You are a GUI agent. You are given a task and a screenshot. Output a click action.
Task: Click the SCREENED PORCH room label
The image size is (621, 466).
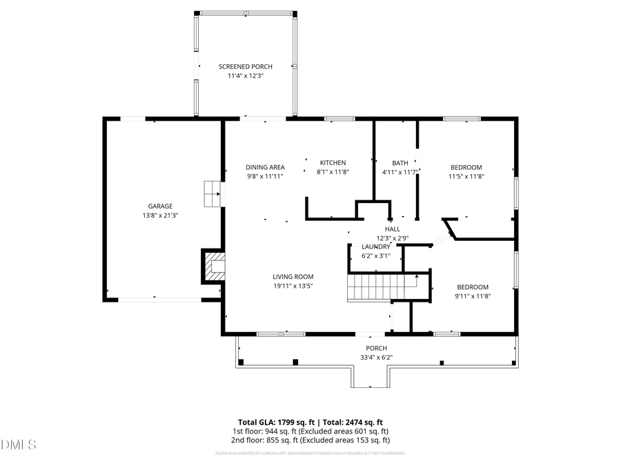tap(246, 66)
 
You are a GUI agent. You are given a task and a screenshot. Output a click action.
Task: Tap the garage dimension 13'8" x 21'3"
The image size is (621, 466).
tap(160, 215)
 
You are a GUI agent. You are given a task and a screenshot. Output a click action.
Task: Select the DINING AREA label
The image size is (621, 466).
tap(265, 167)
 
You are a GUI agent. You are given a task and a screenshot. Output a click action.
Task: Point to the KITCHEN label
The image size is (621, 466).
tap(333, 163)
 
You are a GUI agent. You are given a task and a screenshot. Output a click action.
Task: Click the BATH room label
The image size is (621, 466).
tap(400, 163)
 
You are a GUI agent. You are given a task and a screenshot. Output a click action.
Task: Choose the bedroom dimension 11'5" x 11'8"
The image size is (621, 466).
tap(466, 176)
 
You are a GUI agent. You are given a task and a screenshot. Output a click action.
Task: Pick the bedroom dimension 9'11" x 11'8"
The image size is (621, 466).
tap(473, 296)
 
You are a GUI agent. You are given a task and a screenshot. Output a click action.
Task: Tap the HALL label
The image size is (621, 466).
tap(393, 229)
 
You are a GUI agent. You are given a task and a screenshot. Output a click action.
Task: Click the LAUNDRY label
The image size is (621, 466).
tap(376, 246)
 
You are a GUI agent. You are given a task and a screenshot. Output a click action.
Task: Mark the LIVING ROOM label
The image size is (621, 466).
tap(293, 277)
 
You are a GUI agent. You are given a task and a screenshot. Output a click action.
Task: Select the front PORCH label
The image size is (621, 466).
tap(376, 348)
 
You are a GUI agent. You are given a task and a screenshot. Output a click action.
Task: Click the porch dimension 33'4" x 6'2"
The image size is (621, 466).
tap(376, 358)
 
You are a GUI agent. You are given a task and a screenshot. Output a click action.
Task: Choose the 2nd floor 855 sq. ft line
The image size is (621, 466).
tap(310, 440)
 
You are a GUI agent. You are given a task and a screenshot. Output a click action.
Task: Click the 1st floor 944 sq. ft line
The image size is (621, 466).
tap(310, 431)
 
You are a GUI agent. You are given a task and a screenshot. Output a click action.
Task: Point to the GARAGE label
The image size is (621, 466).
tap(160, 206)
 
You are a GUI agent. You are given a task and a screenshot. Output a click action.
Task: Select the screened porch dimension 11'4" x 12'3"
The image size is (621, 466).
tap(246, 75)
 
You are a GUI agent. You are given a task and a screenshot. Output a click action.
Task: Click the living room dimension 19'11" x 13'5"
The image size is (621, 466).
tap(293, 286)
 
